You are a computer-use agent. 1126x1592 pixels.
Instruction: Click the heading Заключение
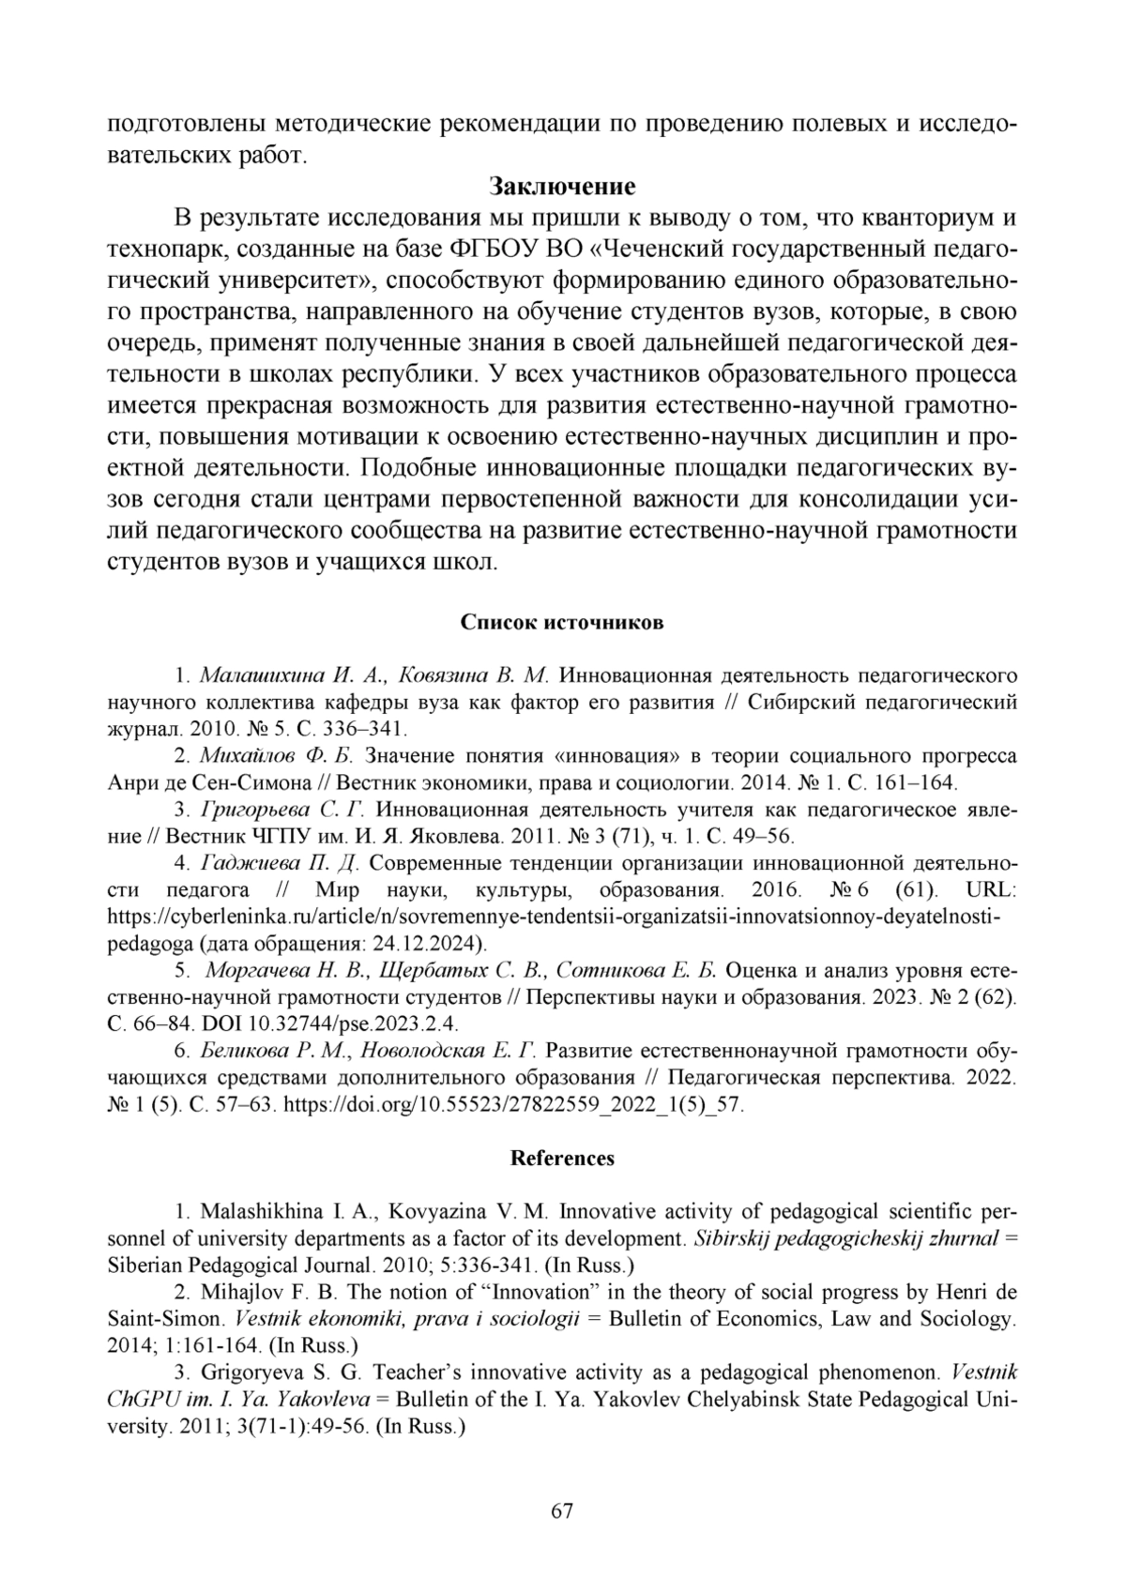click(x=562, y=186)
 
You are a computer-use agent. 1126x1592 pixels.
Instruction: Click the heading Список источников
click(x=562, y=623)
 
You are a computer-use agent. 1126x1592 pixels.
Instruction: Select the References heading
click(x=562, y=1158)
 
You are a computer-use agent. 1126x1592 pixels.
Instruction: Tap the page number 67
click(x=562, y=1510)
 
